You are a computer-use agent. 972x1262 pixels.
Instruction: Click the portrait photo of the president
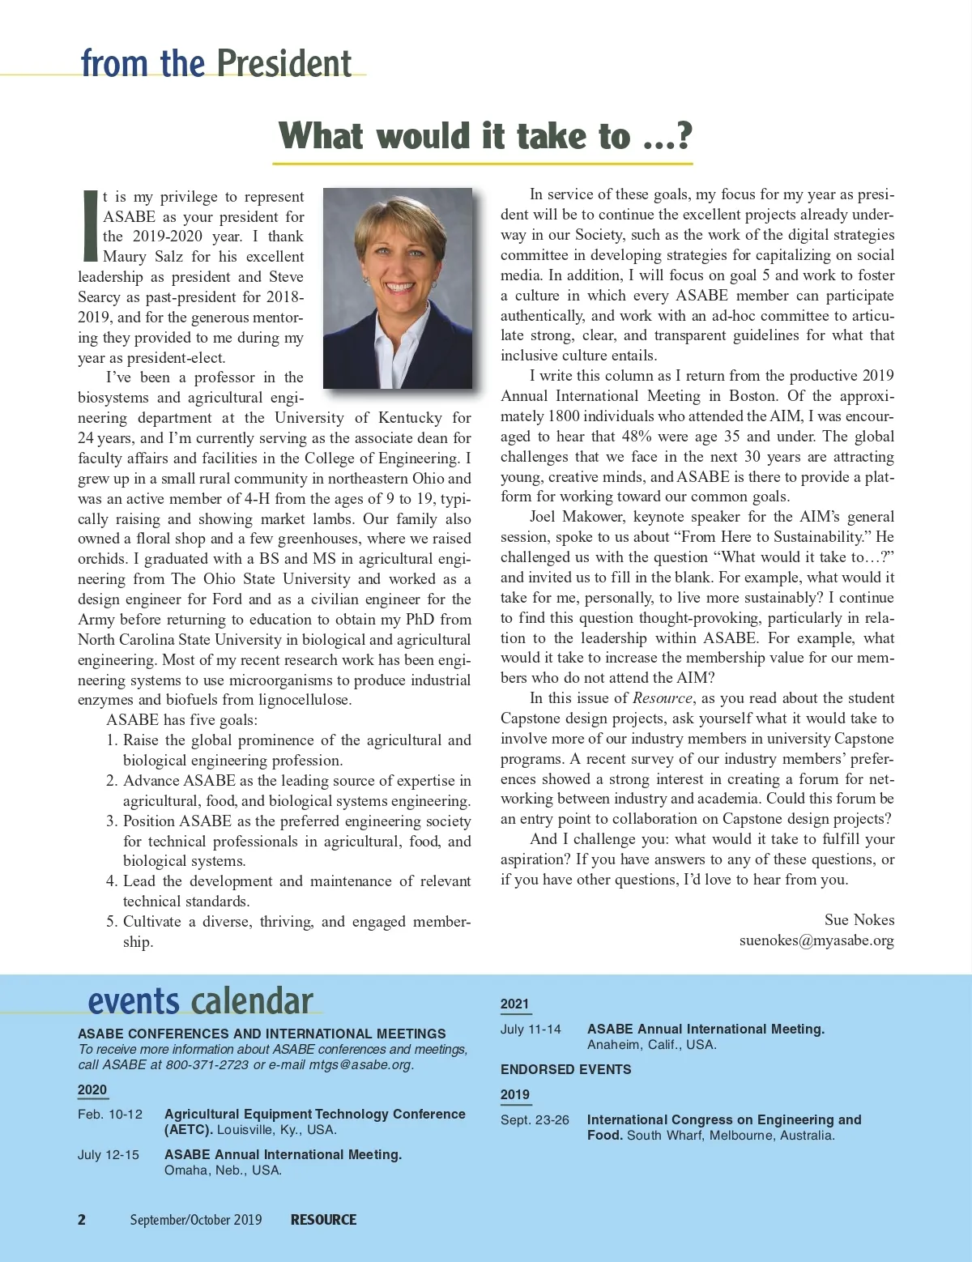coord(397,288)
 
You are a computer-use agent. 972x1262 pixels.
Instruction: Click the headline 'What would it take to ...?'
coord(484,136)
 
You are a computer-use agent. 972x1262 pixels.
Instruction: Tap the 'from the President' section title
coord(216,63)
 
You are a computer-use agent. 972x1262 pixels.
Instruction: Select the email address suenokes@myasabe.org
coord(816,940)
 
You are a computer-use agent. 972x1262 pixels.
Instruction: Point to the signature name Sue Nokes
coord(859,919)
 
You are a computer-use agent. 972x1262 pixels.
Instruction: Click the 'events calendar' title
coord(200,1001)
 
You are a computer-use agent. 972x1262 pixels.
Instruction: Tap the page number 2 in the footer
coord(82,1220)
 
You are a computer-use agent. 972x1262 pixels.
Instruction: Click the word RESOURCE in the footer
coord(323,1220)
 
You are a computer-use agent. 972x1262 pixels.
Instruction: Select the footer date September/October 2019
coord(196,1220)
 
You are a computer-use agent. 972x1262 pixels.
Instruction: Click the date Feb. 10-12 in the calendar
coord(110,1115)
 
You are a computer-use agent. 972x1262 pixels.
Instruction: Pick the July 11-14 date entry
coord(531,1030)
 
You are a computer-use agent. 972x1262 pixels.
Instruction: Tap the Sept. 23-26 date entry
coord(535,1120)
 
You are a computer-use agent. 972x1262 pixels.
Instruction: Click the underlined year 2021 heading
coord(514,1004)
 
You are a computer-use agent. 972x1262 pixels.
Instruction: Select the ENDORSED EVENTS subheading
coord(565,1069)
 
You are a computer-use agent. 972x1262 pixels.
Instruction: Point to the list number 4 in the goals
coord(112,881)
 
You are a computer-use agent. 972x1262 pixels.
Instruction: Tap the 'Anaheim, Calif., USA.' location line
coord(651,1045)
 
